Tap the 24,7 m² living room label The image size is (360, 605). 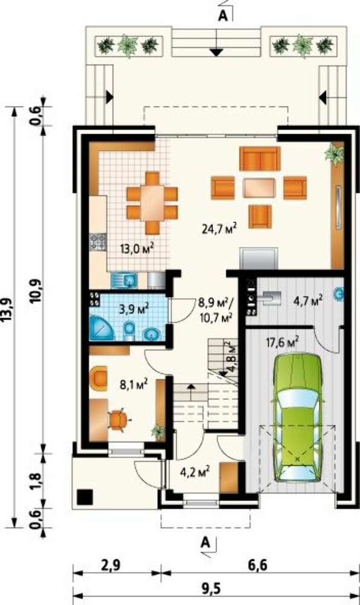pos(219,229)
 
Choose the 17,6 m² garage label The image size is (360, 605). pos(283,342)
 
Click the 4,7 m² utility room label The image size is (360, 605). pos(308,300)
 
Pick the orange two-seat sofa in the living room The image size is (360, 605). pos(260,159)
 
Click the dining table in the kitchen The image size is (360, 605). pos(152,203)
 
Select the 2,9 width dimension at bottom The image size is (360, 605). pos(111,566)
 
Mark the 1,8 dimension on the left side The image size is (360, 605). pos(34,481)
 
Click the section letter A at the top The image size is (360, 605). pos(223,16)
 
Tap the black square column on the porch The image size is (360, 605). pos(85,497)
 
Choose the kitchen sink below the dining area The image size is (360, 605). pos(123,281)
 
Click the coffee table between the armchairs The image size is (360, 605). pos(259,188)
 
